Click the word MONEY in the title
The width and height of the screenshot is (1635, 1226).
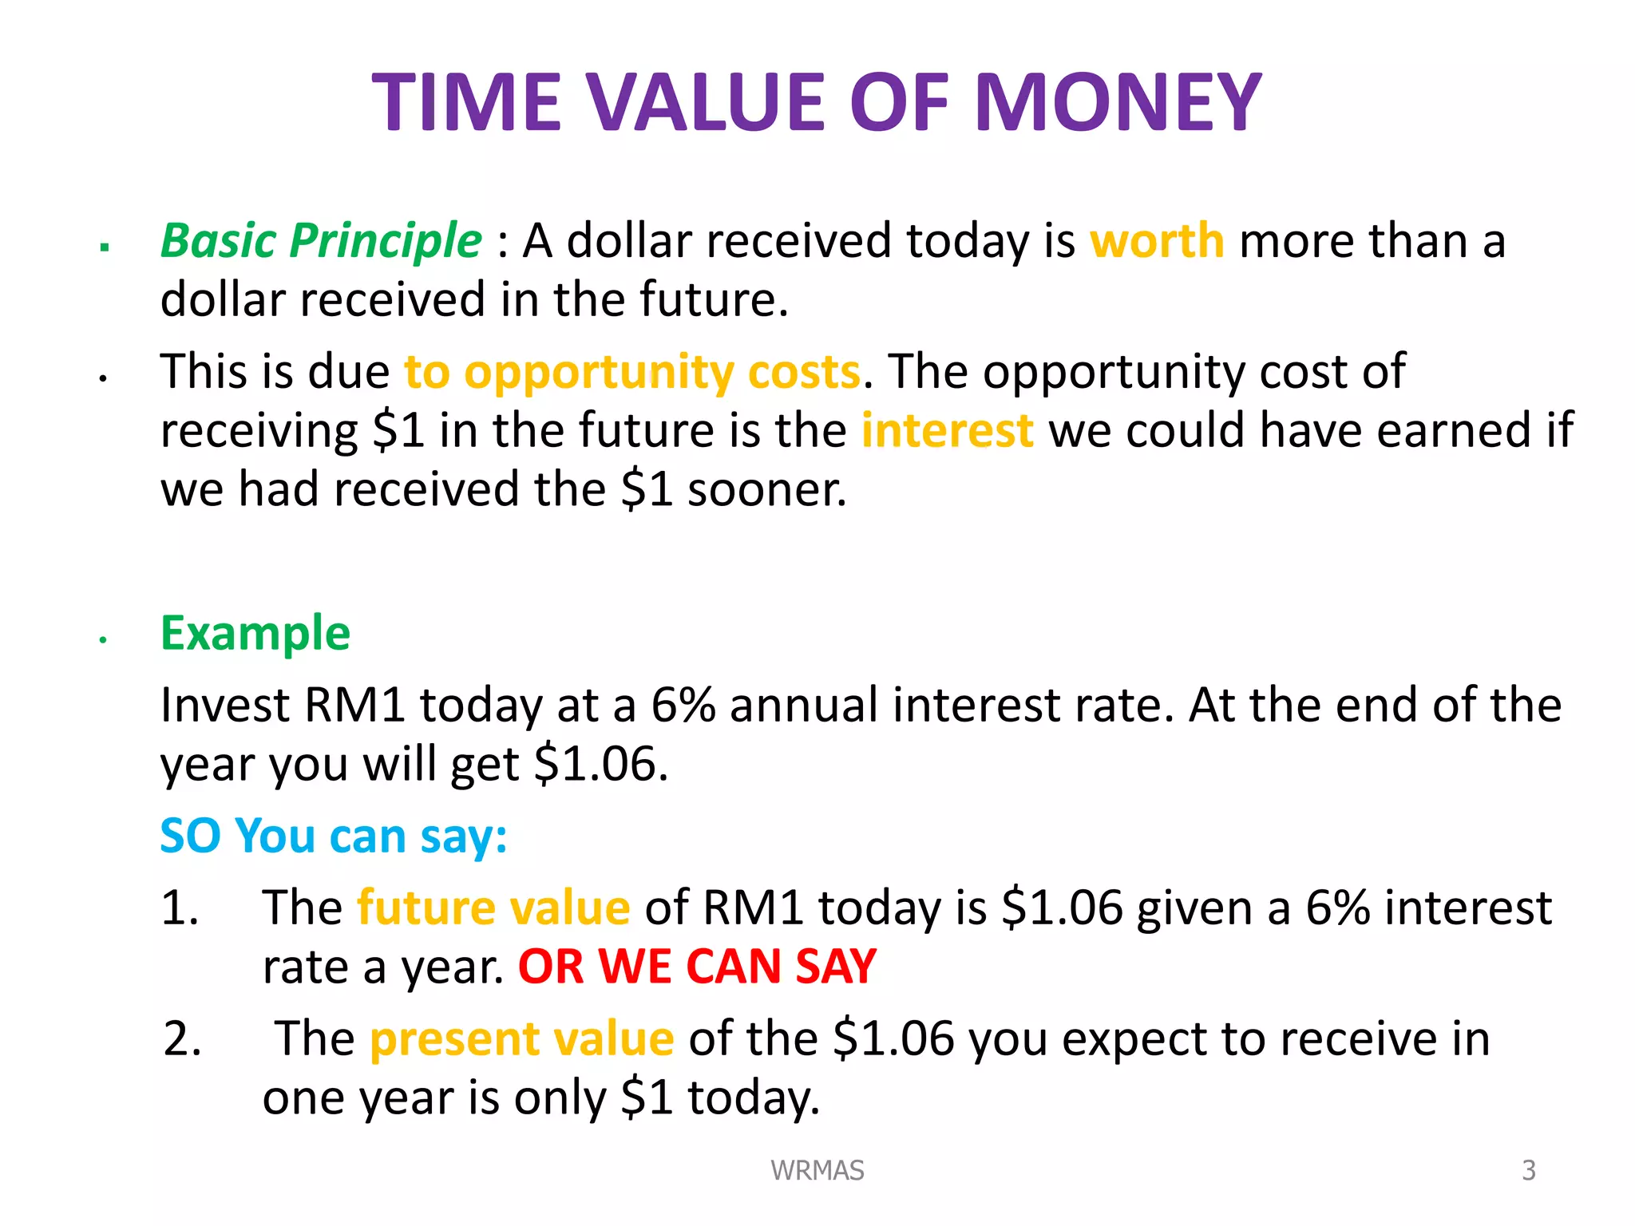(1118, 104)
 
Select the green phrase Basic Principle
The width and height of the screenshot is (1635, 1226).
(321, 241)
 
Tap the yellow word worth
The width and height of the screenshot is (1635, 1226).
(1157, 241)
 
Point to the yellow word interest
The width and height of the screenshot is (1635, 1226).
(948, 431)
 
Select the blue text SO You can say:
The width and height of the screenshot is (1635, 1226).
(334, 836)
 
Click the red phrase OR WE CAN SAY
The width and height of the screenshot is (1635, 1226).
(697, 967)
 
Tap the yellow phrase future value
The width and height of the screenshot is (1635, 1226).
(493, 908)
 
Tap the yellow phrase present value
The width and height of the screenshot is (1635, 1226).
(522, 1039)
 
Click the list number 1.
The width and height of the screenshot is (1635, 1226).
(180, 908)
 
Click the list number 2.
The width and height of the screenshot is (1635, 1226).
(182, 1039)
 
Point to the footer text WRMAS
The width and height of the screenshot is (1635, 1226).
(817, 1170)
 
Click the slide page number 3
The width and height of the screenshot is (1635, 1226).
(1528, 1170)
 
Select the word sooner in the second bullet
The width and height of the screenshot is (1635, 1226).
(766, 490)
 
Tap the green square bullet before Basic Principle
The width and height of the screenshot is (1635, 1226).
(104, 247)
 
